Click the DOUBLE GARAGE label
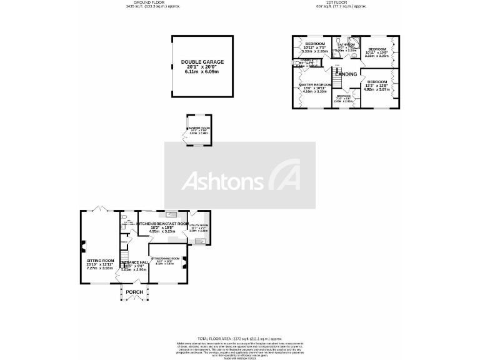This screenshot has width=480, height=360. [202, 62]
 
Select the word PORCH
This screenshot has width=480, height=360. [134, 292]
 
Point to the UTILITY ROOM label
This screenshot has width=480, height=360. [199, 226]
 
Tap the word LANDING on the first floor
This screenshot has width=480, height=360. [346, 74]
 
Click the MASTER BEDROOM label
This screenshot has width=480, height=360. [315, 84]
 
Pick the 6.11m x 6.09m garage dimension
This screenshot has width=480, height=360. [202, 72]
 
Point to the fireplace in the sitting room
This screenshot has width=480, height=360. [82, 246]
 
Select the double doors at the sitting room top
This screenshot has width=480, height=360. [97, 209]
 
